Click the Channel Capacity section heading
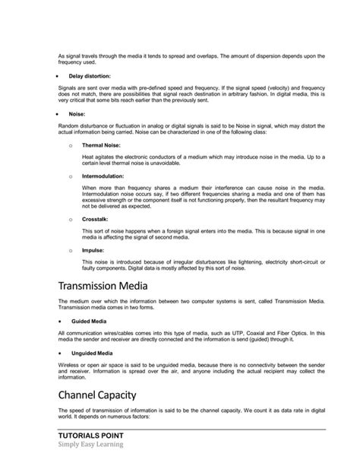(x=109, y=394)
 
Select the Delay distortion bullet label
(x=90, y=77)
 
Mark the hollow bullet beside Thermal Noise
(x=71, y=144)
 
